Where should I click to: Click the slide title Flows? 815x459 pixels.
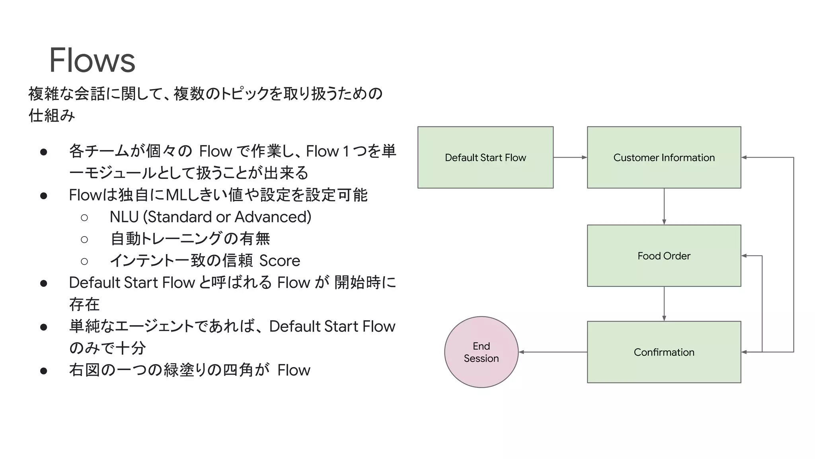coord(92,60)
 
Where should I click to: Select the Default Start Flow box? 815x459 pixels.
coord(485,157)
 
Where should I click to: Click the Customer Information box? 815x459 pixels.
coord(664,157)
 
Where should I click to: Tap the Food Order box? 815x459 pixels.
coord(664,256)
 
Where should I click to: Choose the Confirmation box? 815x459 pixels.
coord(664,352)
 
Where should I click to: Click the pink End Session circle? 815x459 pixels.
coord(481,352)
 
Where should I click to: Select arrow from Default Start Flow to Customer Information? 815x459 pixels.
coord(570,157)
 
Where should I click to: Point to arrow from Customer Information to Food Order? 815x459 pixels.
coord(664,206)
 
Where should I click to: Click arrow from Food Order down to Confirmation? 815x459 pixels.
coord(664,304)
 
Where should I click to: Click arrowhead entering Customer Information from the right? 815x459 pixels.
coord(744,157)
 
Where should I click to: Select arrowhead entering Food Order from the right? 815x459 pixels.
coord(744,256)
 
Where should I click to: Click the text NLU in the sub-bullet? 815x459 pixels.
coord(124,217)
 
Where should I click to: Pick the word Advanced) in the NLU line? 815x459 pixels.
coord(273,217)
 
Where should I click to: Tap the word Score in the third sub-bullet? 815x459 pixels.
coord(280,261)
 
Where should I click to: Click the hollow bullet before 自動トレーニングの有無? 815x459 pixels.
coord(84,239)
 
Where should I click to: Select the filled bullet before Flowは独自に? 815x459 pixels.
coord(44,196)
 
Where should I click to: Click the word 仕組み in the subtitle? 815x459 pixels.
coord(52,116)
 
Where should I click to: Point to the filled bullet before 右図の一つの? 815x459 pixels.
coord(44,371)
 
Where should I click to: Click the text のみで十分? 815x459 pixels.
coord(107,348)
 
